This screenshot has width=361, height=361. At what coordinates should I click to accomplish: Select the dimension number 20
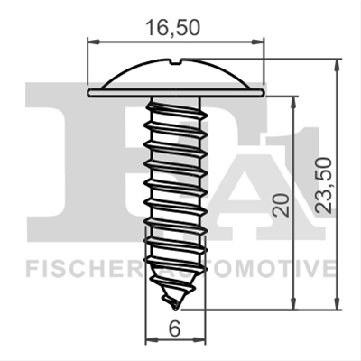tap(281, 206)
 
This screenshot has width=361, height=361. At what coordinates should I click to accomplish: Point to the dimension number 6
tap(174, 329)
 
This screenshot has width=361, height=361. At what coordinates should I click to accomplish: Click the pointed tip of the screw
tap(175, 310)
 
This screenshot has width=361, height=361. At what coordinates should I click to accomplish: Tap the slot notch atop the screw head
tap(175, 62)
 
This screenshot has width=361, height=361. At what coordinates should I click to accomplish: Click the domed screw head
tap(176, 74)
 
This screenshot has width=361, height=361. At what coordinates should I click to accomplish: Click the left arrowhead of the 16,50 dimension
tap(93, 42)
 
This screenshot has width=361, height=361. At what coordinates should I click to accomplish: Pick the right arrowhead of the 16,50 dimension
tap(258, 42)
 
